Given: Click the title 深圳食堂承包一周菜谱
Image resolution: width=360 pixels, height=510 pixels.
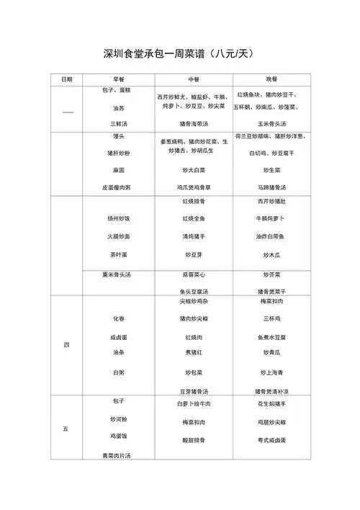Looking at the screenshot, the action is point(179,53).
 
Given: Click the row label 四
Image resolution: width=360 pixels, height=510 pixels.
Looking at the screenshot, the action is point(66,345).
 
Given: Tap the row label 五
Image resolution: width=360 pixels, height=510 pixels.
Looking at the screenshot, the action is point(66,429).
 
